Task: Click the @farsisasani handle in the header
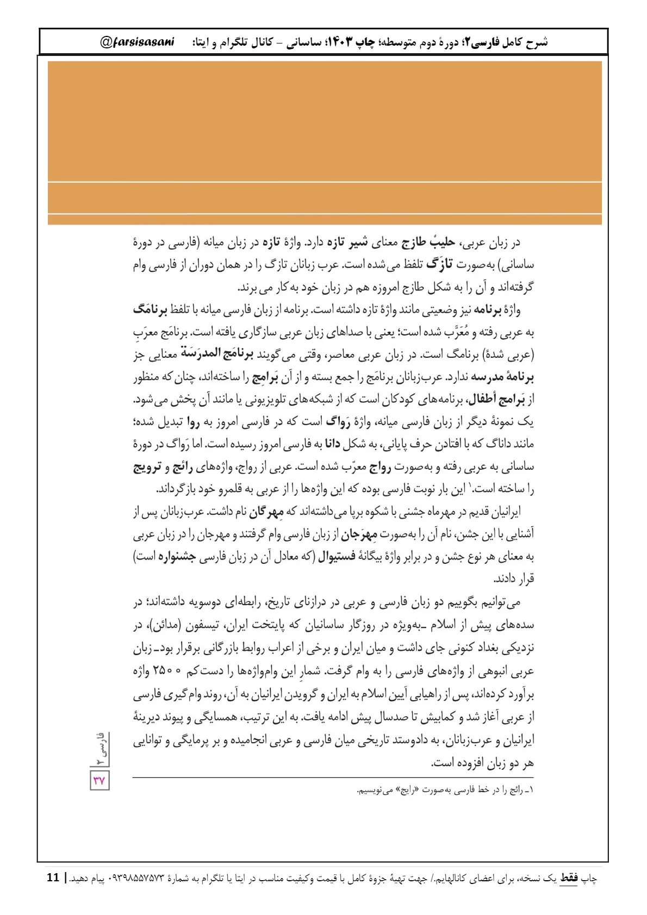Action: (137, 42)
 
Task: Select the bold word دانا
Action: (332, 444)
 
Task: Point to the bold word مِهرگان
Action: (266, 512)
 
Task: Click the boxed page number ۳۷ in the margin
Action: (99, 781)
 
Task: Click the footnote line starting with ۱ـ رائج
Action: (446, 790)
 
